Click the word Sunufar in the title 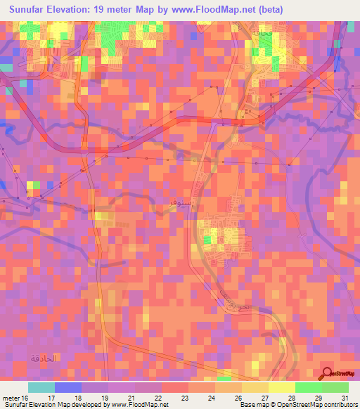point(32,9)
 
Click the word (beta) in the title point(271,9)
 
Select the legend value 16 point(27,398)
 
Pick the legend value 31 point(345,398)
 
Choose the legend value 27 point(266,398)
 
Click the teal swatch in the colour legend point(41,387)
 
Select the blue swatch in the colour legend point(67,387)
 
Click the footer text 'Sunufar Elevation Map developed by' point(51,405)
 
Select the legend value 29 point(319,398)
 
